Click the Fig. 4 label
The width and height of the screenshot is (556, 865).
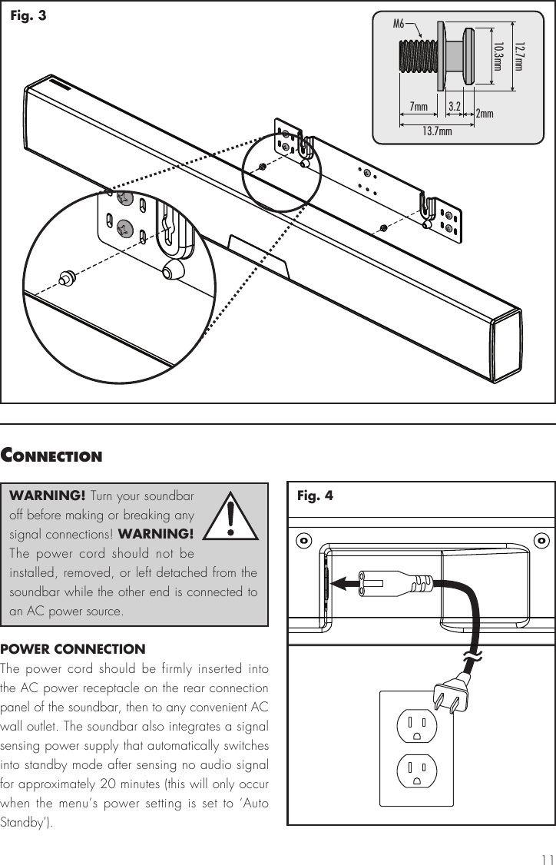pos(315,495)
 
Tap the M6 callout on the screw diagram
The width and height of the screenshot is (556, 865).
pos(399,24)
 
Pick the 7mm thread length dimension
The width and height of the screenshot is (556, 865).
pos(419,106)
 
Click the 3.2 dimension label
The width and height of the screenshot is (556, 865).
pos(454,105)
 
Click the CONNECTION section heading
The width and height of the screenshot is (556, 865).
pos(51,456)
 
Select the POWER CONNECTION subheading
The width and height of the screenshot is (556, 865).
pos(73,649)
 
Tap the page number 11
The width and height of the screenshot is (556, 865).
pos(546,858)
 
